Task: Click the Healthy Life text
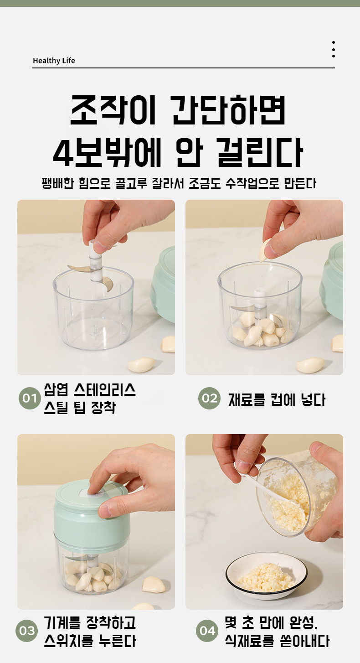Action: pyautogui.click(x=54, y=61)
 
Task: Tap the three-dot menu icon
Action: pyautogui.click(x=334, y=49)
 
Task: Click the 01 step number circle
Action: pyautogui.click(x=30, y=398)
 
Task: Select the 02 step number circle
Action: pyautogui.click(x=210, y=398)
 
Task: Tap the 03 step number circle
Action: pyautogui.click(x=26, y=631)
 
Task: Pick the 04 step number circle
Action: pyautogui.click(x=207, y=631)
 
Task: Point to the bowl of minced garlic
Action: pyautogui.click(x=266, y=575)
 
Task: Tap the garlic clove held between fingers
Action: pyautogui.click(x=264, y=250)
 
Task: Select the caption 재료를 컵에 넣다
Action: pyautogui.click(x=277, y=399)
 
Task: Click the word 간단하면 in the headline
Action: pyautogui.click(x=229, y=109)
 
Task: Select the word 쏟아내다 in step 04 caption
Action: pyautogui.click(x=304, y=641)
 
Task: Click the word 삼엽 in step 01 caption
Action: pyautogui.click(x=56, y=389)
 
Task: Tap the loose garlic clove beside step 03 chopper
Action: pyautogui.click(x=153, y=584)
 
